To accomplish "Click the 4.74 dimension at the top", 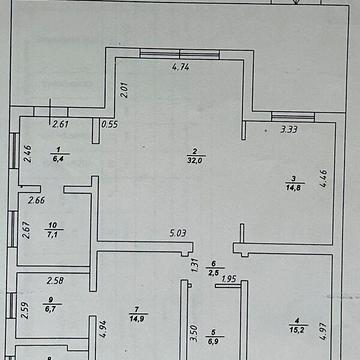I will coord(181,68).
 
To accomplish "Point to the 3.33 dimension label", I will coord(290,128).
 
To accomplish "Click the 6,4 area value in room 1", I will coord(57,158).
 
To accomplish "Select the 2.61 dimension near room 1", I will coord(60,125).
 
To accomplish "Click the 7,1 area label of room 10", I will coord(52,236).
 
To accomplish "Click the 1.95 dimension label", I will coord(229,279).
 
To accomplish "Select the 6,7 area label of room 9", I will coord(49,309).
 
